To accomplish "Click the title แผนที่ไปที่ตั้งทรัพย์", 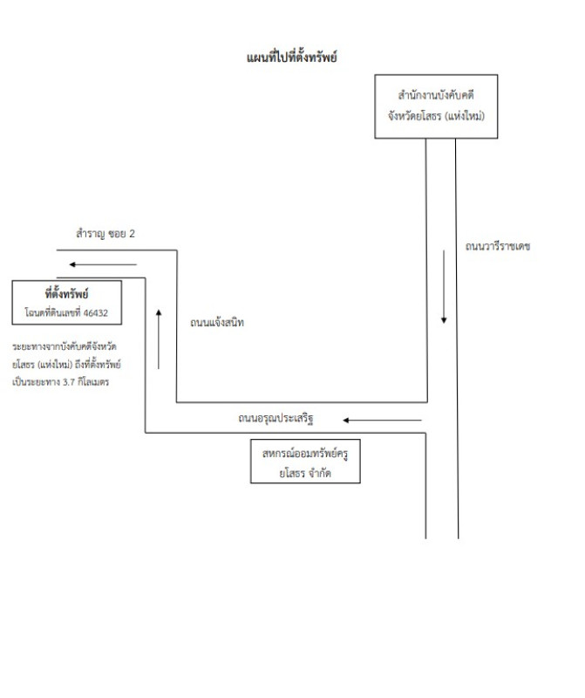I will pyautogui.click(x=292, y=58).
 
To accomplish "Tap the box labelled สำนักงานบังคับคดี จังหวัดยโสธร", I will pyautogui.click(x=436, y=106).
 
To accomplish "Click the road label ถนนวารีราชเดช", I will pyautogui.click(x=498, y=247).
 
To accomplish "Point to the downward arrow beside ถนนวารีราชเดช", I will pyautogui.click(x=444, y=287).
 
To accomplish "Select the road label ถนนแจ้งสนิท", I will pyautogui.click(x=217, y=323).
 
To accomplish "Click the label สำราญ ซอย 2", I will pyautogui.click(x=105, y=235).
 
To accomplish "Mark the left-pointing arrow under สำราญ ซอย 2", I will pyautogui.click(x=104, y=263).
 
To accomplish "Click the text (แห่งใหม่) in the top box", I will pyautogui.click(x=464, y=115).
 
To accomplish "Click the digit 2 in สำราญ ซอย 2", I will pyautogui.click(x=133, y=235).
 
